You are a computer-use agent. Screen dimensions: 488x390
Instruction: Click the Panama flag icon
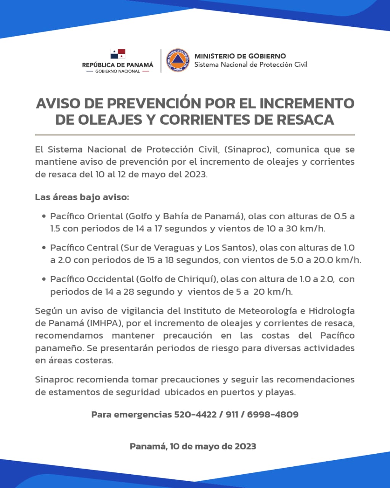[x=118, y=54]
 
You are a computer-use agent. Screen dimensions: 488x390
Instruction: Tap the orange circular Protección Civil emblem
[x=178, y=60]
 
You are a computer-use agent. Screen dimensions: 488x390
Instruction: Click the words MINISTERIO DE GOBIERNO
[x=240, y=56]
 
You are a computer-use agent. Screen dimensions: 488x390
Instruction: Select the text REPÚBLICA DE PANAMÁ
[x=118, y=65]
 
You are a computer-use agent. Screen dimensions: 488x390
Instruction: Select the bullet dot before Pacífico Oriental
[x=44, y=216]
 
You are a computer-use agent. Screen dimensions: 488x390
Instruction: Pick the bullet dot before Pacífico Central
[x=44, y=248]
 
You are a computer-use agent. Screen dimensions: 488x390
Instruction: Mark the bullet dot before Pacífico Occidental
[x=44, y=279]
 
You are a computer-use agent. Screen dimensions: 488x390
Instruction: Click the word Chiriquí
[x=197, y=279]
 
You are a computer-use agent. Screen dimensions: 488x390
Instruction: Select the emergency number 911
[x=232, y=414]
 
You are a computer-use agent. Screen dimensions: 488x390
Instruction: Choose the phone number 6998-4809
[x=273, y=414]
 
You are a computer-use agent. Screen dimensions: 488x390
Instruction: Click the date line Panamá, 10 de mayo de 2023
[x=193, y=446]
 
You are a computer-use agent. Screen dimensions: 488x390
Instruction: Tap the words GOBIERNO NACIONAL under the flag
[x=117, y=72]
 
